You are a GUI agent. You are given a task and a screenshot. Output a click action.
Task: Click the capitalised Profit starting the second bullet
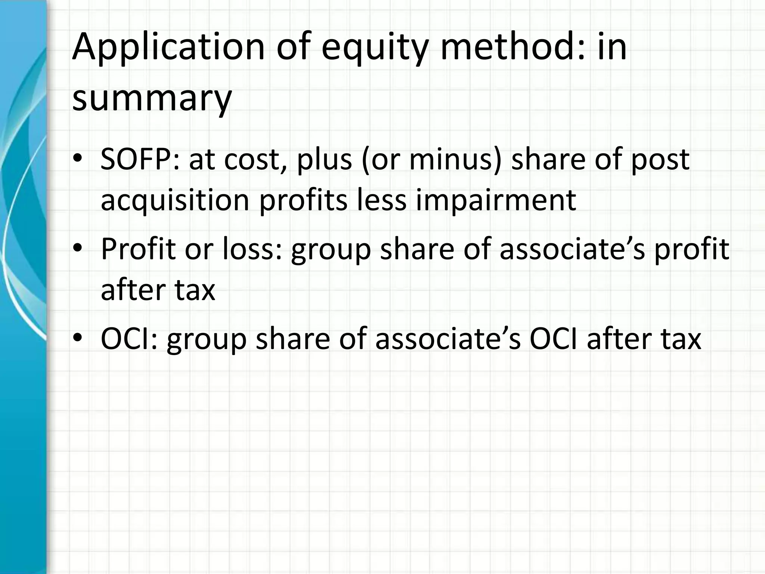pos(138,249)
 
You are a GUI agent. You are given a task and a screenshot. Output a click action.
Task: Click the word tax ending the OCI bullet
pos(681,339)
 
